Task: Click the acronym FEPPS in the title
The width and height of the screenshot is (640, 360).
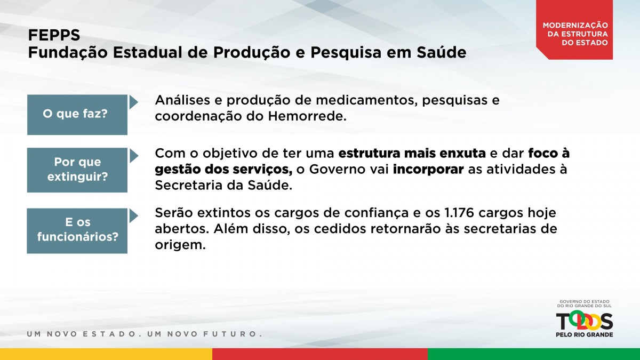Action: coord(54,35)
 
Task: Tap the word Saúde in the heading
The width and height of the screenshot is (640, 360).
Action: coord(442,52)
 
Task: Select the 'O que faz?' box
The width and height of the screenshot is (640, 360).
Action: coord(77,115)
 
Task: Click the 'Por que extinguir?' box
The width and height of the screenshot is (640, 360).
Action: coord(77,170)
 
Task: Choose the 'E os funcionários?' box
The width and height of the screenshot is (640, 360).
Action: coord(77,230)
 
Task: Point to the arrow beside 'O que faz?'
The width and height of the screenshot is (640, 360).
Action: coord(133,102)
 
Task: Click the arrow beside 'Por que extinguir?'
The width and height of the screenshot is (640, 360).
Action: coord(133,156)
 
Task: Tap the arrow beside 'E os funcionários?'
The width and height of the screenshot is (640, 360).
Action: coord(133,215)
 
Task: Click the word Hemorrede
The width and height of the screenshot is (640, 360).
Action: coord(307,116)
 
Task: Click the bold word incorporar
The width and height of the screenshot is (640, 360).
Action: coord(428,170)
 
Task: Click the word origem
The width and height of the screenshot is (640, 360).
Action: coord(180,245)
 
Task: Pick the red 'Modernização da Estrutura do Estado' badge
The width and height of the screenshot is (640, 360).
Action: coord(574,30)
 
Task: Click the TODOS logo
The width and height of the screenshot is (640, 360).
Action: coord(585,322)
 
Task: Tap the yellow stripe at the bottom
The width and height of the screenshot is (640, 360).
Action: coord(106,354)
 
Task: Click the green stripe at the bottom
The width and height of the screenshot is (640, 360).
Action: coord(534,354)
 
